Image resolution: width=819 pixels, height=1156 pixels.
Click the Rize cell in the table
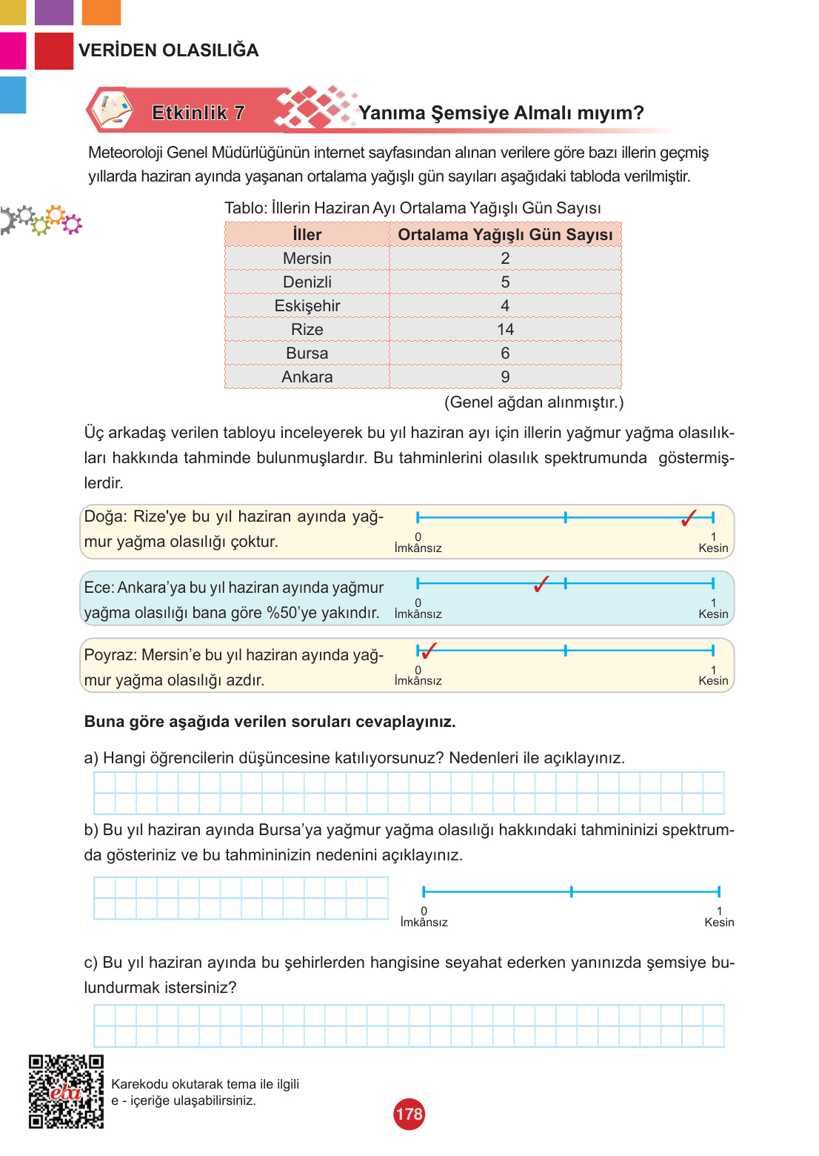point(307,330)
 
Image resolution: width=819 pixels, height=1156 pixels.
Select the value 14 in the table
point(505,330)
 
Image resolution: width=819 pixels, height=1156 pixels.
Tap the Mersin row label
point(307,259)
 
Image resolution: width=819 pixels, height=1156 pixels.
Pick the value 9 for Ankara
point(505,377)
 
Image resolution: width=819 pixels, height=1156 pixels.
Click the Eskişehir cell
point(307,306)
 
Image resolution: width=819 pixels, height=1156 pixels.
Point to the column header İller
point(307,235)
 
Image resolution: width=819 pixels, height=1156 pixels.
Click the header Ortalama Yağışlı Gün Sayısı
point(505,235)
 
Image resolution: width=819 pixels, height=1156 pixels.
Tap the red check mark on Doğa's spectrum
point(689,519)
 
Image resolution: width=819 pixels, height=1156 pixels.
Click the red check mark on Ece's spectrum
point(541,585)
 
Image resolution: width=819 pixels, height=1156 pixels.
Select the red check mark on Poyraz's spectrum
point(427,651)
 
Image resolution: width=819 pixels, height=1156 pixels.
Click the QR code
point(66,1092)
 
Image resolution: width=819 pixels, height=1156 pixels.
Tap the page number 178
point(409,1115)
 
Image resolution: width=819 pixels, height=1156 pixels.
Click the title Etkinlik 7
point(198,113)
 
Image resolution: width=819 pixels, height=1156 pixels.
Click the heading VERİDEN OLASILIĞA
point(169,50)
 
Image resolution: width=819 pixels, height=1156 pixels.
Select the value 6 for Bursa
point(505,353)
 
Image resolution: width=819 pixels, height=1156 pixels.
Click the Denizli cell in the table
point(307,282)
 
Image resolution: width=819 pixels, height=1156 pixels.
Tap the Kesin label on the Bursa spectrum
point(719,923)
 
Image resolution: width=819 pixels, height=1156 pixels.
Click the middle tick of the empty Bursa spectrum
point(571,891)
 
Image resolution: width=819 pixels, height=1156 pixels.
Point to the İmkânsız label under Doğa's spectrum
point(418,548)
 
